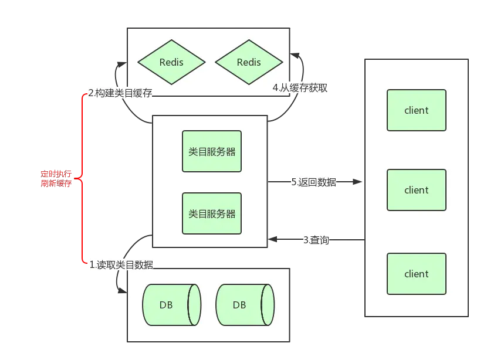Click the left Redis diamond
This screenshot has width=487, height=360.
[171, 62]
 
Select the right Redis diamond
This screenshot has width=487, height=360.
[249, 62]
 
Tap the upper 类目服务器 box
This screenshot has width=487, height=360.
[212, 151]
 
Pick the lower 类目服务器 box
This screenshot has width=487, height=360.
[212, 213]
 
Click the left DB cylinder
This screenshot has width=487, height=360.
[172, 305]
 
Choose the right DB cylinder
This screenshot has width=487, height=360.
[245, 305]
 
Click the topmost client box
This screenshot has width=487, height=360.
[417, 110]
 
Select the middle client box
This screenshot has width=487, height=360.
[417, 190]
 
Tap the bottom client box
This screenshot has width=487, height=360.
[417, 274]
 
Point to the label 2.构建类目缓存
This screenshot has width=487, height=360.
[120, 93]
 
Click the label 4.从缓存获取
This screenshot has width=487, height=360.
[300, 88]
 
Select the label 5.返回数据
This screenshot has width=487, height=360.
[314, 182]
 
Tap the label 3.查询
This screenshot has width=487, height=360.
[316, 240]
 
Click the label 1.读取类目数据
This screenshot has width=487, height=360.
[121, 265]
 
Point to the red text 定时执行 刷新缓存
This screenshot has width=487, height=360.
[56, 178]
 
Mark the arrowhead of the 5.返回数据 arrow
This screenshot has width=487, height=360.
[357, 182]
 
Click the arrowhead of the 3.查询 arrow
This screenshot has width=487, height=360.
[272, 239]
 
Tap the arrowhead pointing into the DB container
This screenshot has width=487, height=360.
[123, 290]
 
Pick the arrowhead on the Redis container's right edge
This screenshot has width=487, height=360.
[295, 56]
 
